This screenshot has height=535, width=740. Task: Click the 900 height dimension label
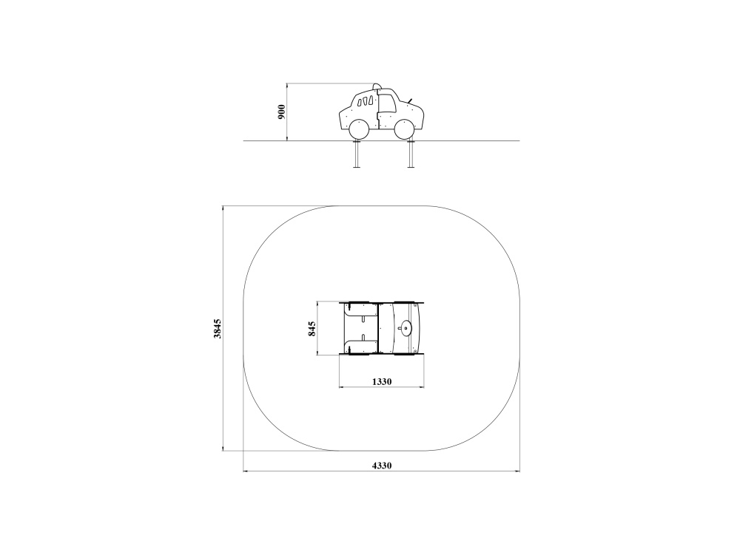click(x=282, y=112)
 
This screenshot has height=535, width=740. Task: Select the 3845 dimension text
click(x=217, y=329)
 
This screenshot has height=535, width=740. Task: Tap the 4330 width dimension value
click(x=382, y=466)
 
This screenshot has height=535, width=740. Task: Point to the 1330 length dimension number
click(x=382, y=381)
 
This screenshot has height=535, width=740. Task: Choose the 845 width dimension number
click(x=312, y=329)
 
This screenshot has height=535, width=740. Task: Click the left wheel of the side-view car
click(x=359, y=130)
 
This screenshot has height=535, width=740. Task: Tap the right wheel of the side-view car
click(x=405, y=130)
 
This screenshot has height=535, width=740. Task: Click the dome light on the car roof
click(x=376, y=86)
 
